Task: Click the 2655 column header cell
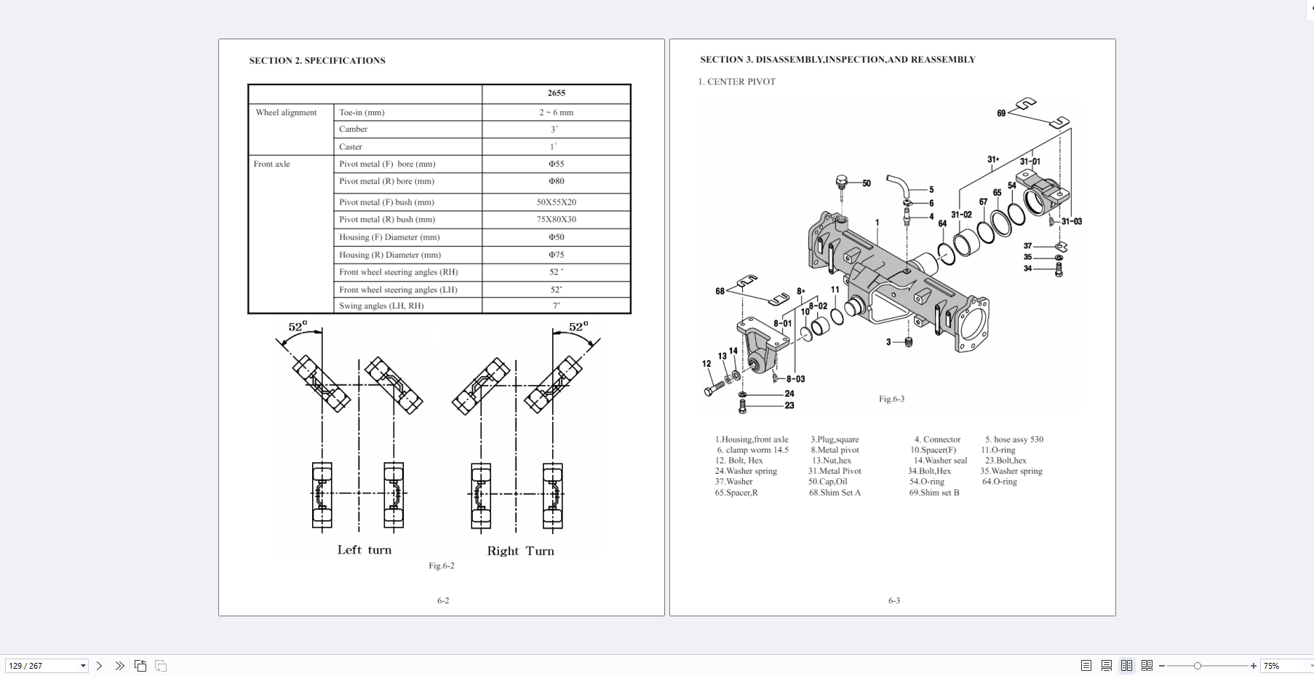point(556,93)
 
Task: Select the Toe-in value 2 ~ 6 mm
point(556,113)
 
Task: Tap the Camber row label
point(353,130)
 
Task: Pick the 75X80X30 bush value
point(556,220)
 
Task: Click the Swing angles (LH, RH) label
point(381,306)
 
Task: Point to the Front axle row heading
point(271,164)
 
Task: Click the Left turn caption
point(364,550)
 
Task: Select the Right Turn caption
point(520,551)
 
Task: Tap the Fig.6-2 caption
point(441,565)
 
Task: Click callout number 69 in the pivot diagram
point(1001,114)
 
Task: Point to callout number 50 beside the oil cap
point(867,183)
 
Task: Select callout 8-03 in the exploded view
point(795,379)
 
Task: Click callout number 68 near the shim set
point(720,291)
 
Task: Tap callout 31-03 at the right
point(1072,222)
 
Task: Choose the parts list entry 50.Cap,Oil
point(827,482)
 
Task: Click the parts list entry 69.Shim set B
point(934,493)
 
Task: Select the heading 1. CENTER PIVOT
point(736,81)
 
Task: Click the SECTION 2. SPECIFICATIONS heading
point(317,60)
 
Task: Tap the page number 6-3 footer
point(893,600)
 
